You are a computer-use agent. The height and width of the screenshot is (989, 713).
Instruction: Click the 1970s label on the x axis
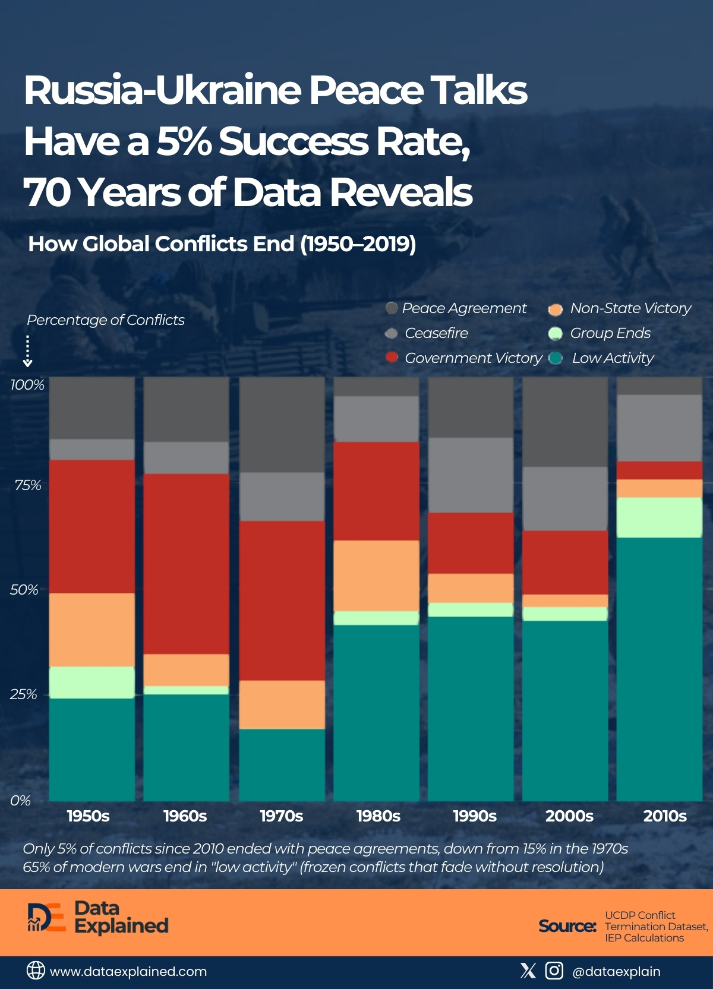click(281, 816)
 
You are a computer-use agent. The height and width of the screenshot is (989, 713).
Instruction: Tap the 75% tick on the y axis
click(28, 485)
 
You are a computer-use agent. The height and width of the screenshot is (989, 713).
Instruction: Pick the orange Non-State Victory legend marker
click(555, 309)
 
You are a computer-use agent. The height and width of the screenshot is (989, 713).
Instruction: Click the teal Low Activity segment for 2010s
click(660, 668)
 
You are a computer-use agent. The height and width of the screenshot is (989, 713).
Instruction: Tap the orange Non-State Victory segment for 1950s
click(92, 630)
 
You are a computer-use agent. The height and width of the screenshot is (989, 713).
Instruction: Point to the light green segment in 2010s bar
click(660, 517)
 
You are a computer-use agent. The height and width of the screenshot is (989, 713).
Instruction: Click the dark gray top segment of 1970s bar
click(282, 424)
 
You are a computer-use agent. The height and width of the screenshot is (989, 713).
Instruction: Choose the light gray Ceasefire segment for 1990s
click(471, 475)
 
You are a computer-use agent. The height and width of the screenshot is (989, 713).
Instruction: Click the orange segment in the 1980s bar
click(376, 576)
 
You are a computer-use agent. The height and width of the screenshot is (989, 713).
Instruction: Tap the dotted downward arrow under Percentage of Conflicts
click(27, 351)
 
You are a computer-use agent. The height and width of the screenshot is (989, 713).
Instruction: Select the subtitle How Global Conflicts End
click(222, 244)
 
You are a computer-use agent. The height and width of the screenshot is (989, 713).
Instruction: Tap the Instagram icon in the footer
click(554, 971)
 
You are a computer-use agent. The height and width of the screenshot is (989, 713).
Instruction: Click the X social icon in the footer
click(528, 971)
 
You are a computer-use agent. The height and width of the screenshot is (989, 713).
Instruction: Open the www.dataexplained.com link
click(128, 971)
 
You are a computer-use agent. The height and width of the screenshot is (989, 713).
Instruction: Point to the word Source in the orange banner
click(567, 926)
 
